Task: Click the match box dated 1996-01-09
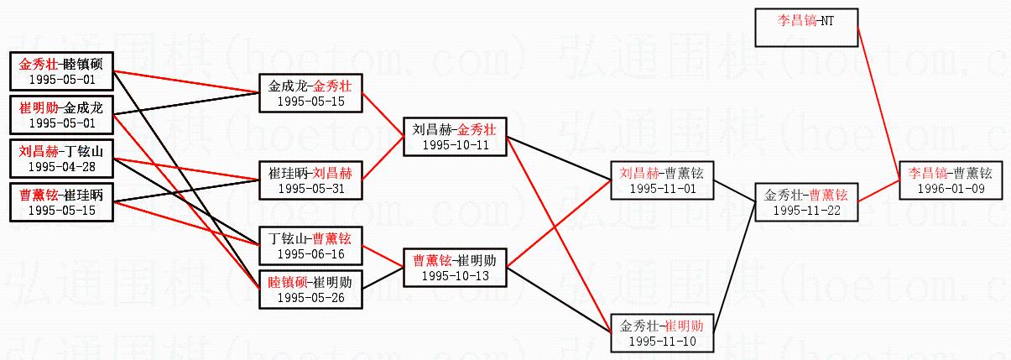tap(950, 180)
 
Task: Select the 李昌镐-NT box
tap(806, 28)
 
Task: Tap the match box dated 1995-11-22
tap(805, 202)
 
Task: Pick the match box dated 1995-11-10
tap(662, 333)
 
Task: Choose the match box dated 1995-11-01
tap(662, 180)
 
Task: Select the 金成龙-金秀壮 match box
tap(311, 93)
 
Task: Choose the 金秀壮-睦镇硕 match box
tap(62, 71)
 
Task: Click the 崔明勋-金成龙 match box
tap(62, 115)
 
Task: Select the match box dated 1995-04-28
tap(62, 159)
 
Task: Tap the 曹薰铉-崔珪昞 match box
tap(62, 202)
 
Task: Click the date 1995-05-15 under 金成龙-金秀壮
tap(310, 101)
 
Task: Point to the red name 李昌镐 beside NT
tap(789, 20)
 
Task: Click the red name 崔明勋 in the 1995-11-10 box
tap(684, 326)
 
